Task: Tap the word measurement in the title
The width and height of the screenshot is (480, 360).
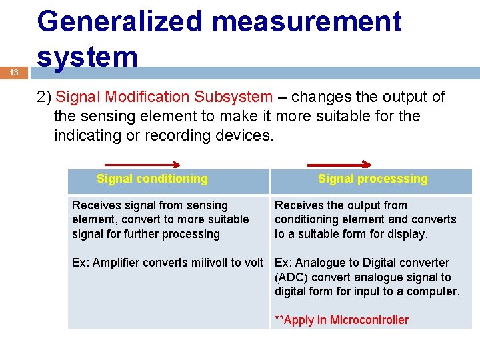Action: click(307, 21)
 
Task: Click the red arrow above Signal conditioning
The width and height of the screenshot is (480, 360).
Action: click(143, 165)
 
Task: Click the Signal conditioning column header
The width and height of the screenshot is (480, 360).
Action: click(152, 179)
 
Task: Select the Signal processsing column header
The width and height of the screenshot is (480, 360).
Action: click(373, 179)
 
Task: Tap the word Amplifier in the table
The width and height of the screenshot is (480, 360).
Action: click(117, 263)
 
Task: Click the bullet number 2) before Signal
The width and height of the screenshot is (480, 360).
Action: click(45, 97)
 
